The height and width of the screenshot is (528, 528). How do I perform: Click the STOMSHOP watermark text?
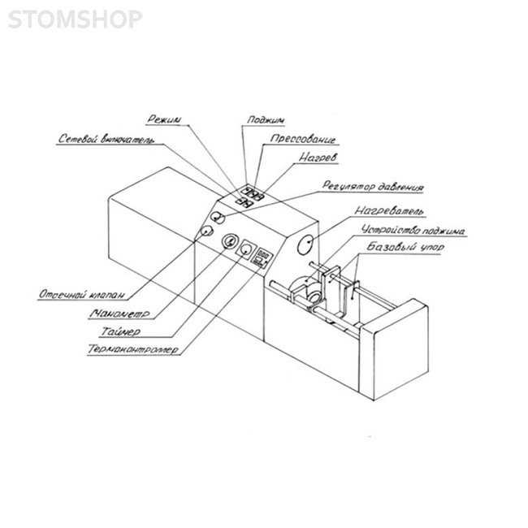75,19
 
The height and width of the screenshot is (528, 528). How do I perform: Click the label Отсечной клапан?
81,293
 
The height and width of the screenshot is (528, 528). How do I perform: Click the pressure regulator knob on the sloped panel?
217,216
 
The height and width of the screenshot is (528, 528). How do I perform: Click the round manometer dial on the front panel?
229,243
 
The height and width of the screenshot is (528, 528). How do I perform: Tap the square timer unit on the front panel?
245,251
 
